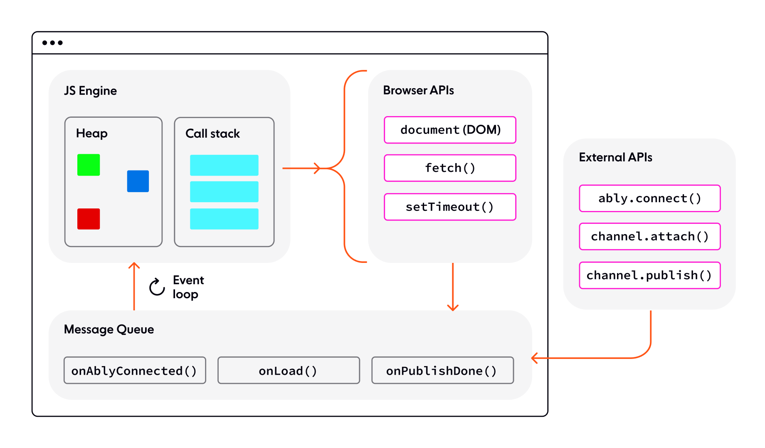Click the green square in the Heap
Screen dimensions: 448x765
89,165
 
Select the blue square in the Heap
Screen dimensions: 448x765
138,181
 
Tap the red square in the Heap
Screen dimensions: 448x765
89,219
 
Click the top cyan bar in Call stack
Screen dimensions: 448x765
224,165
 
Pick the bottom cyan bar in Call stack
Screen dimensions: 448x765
224,219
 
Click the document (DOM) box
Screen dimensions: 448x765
450,130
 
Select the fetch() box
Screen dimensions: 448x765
450,168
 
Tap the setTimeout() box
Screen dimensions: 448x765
450,207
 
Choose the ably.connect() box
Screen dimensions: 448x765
649,198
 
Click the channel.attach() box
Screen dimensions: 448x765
649,236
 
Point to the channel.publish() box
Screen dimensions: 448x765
649,275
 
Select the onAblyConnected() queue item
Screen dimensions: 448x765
135,370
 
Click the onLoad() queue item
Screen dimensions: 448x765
289,370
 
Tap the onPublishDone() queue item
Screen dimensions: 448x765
442,370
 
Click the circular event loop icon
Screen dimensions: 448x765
157,287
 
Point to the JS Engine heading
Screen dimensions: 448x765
90,91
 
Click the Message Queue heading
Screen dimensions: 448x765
109,329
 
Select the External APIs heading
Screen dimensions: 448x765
615,157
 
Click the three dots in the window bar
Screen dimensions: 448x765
52,43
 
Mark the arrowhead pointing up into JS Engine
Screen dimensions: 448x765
134,265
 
